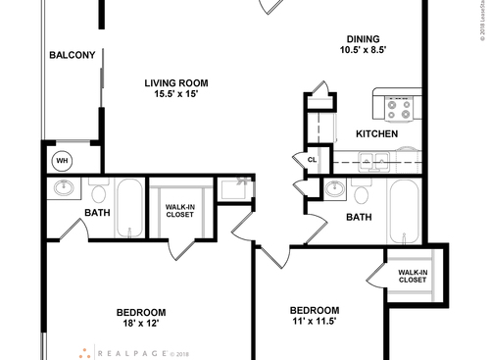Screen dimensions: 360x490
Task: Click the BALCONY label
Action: (x=73, y=55)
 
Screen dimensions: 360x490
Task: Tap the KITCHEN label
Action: (x=376, y=133)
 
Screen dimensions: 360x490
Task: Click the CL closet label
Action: (x=313, y=159)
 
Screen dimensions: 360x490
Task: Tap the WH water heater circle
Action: (x=61, y=161)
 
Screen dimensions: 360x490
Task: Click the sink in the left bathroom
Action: (x=65, y=188)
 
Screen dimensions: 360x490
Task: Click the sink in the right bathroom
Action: (x=335, y=189)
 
